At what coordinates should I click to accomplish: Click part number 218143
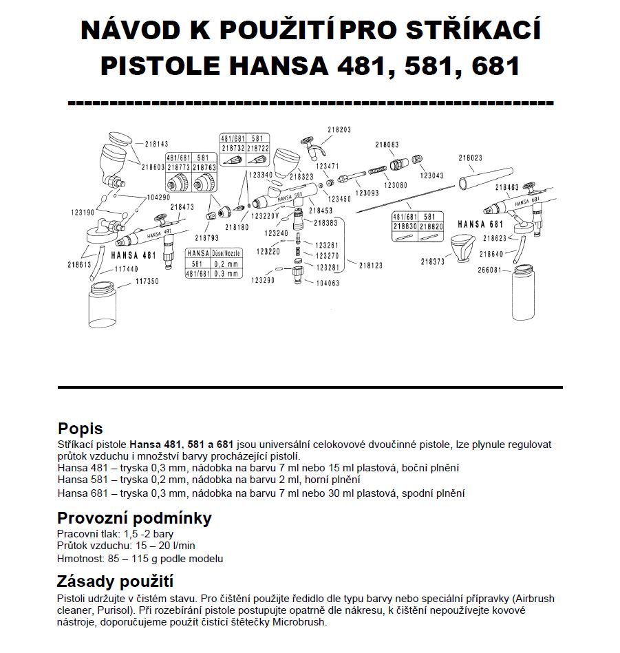(x=156, y=144)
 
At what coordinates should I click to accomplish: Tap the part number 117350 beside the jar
(x=147, y=281)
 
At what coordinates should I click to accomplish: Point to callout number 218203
(x=339, y=129)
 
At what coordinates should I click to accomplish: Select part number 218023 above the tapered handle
(x=480, y=158)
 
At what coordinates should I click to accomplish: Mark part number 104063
(x=327, y=283)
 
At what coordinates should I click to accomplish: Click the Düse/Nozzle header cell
(x=228, y=253)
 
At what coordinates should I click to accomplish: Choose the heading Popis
(x=81, y=429)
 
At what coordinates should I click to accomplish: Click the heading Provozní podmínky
(x=134, y=517)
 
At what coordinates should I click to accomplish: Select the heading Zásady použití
(x=115, y=581)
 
